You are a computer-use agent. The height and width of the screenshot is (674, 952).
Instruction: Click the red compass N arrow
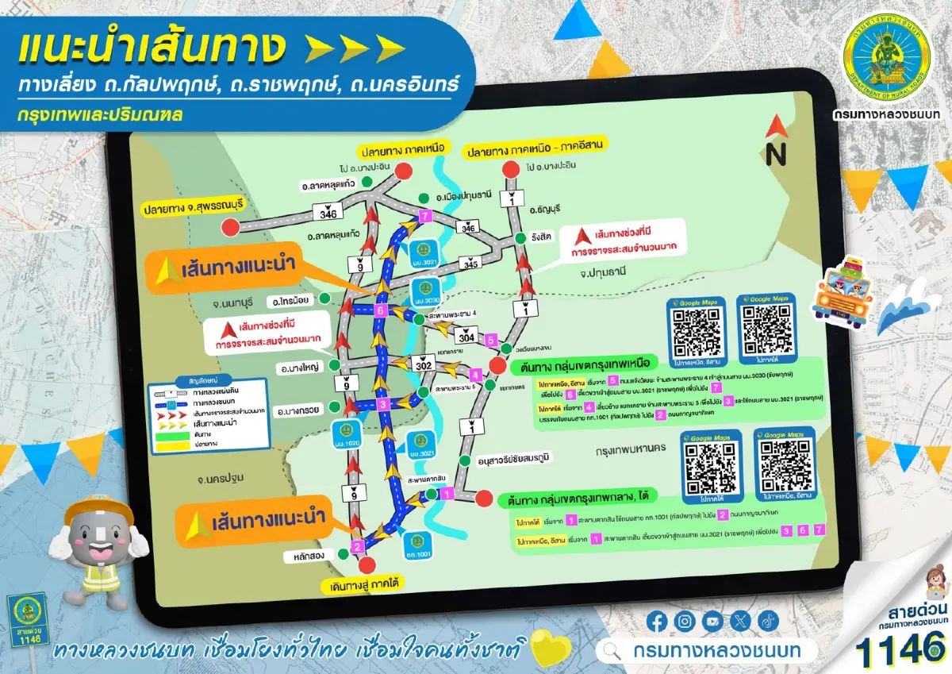click(774, 129)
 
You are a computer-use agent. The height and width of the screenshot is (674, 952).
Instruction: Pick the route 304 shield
click(466, 338)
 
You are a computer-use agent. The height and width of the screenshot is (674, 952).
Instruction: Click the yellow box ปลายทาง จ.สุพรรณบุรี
click(193, 210)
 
